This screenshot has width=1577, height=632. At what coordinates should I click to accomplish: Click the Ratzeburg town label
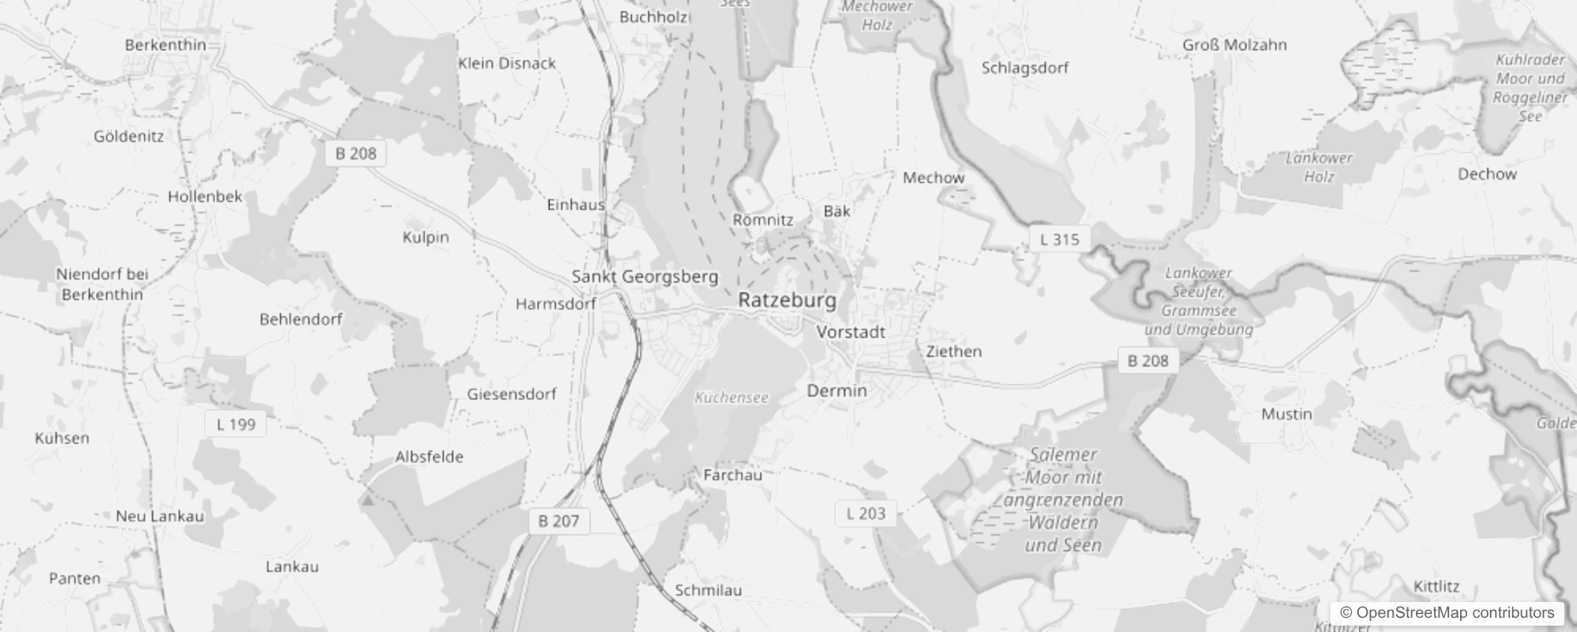[x=786, y=300]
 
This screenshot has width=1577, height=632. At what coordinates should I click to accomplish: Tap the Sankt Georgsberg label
[x=645, y=276]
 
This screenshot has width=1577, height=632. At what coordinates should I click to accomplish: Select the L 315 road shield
[x=1059, y=239]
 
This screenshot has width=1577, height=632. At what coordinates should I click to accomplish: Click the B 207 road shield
[x=559, y=521]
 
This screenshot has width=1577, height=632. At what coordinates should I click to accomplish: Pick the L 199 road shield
[x=235, y=424]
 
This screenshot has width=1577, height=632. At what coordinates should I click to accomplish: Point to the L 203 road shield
[x=866, y=513]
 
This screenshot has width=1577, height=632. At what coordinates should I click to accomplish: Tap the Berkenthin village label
[x=165, y=45]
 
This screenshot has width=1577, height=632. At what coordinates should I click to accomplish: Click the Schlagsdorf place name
[x=1025, y=68]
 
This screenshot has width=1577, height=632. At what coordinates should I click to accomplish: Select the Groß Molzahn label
[x=1234, y=45]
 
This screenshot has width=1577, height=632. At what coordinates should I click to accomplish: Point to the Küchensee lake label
[x=731, y=397]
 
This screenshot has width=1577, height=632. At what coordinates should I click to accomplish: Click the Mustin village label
[x=1286, y=414]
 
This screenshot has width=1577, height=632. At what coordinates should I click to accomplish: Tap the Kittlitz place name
[x=1436, y=586]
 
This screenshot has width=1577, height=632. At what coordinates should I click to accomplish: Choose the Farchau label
[x=732, y=475]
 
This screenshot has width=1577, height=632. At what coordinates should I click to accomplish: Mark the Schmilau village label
[x=708, y=590]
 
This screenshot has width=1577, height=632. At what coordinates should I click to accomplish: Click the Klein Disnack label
[x=507, y=63]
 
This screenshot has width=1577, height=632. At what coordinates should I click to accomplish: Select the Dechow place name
[x=1487, y=174]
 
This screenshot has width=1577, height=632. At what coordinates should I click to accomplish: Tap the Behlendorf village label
[x=301, y=319]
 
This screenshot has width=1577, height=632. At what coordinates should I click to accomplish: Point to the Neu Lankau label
[x=160, y=516]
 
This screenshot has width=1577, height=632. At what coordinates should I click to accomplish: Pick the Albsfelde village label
[x=429, y=457]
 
